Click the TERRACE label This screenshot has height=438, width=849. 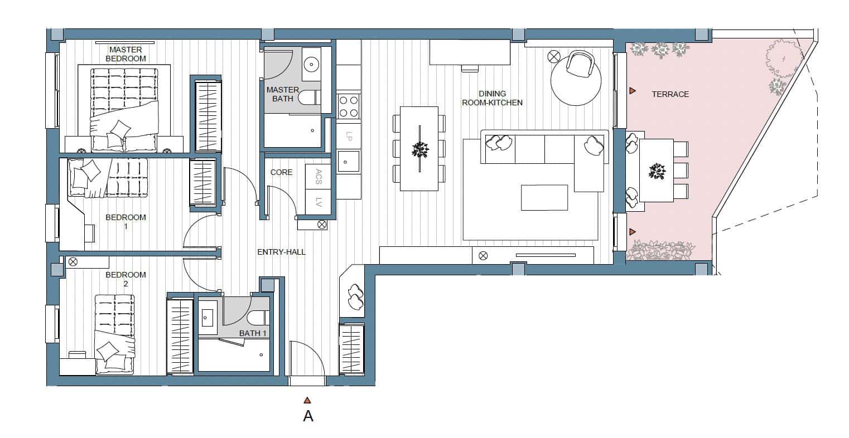click(670, 94)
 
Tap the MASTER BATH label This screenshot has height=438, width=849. click(283, 94)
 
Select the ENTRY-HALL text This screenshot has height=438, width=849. click(281, 252)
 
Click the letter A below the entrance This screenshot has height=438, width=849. click(307, 416)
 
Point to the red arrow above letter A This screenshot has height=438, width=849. click(307, 400)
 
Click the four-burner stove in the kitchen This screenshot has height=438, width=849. click(349, 106)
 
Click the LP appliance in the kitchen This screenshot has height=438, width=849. click(349, 135)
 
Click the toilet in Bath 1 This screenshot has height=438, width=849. click(259, 318)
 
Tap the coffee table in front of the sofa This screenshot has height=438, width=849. click(544, 197)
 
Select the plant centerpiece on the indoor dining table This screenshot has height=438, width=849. click(419, 149)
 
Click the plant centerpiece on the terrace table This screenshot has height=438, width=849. click(657, 171)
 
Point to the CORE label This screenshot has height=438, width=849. click(281, 172)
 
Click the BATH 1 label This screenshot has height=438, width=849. click(253, 333)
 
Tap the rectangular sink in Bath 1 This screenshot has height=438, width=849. click(209, 318)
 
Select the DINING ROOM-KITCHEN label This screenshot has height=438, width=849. click(492, 98)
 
